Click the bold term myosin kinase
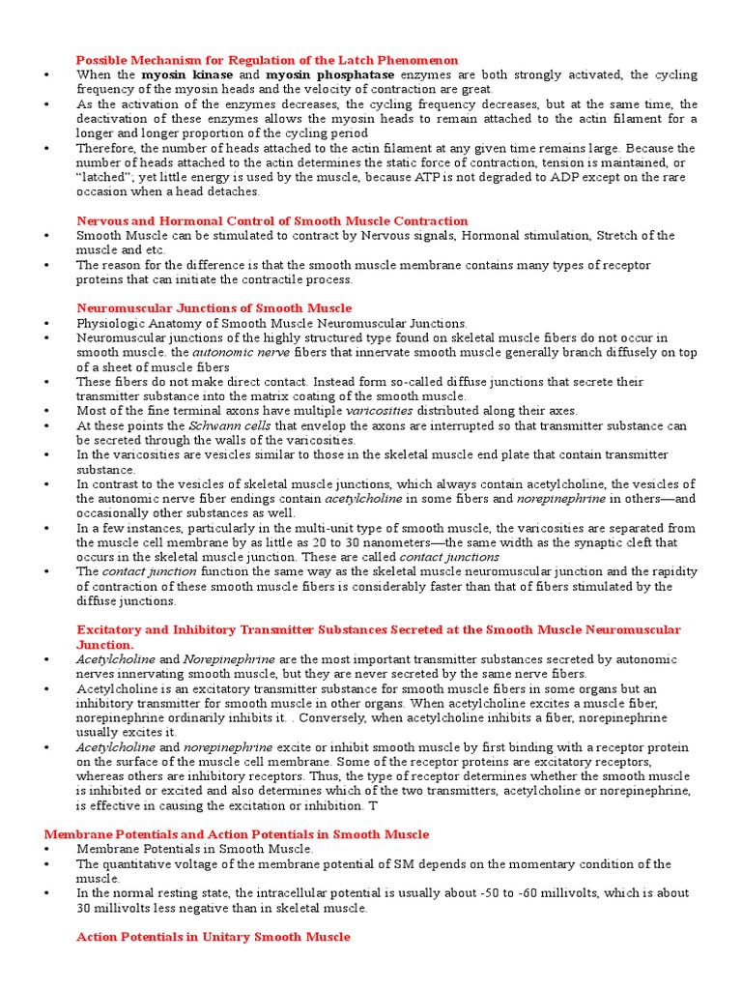coord(179,74)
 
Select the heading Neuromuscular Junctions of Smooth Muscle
coord(214,308)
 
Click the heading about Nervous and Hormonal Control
coord(271,220)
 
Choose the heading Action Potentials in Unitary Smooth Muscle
coord(214,937)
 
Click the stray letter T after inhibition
coord(374,804)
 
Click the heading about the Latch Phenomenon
coord(268,60)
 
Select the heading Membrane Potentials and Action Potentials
coord(237,834)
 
